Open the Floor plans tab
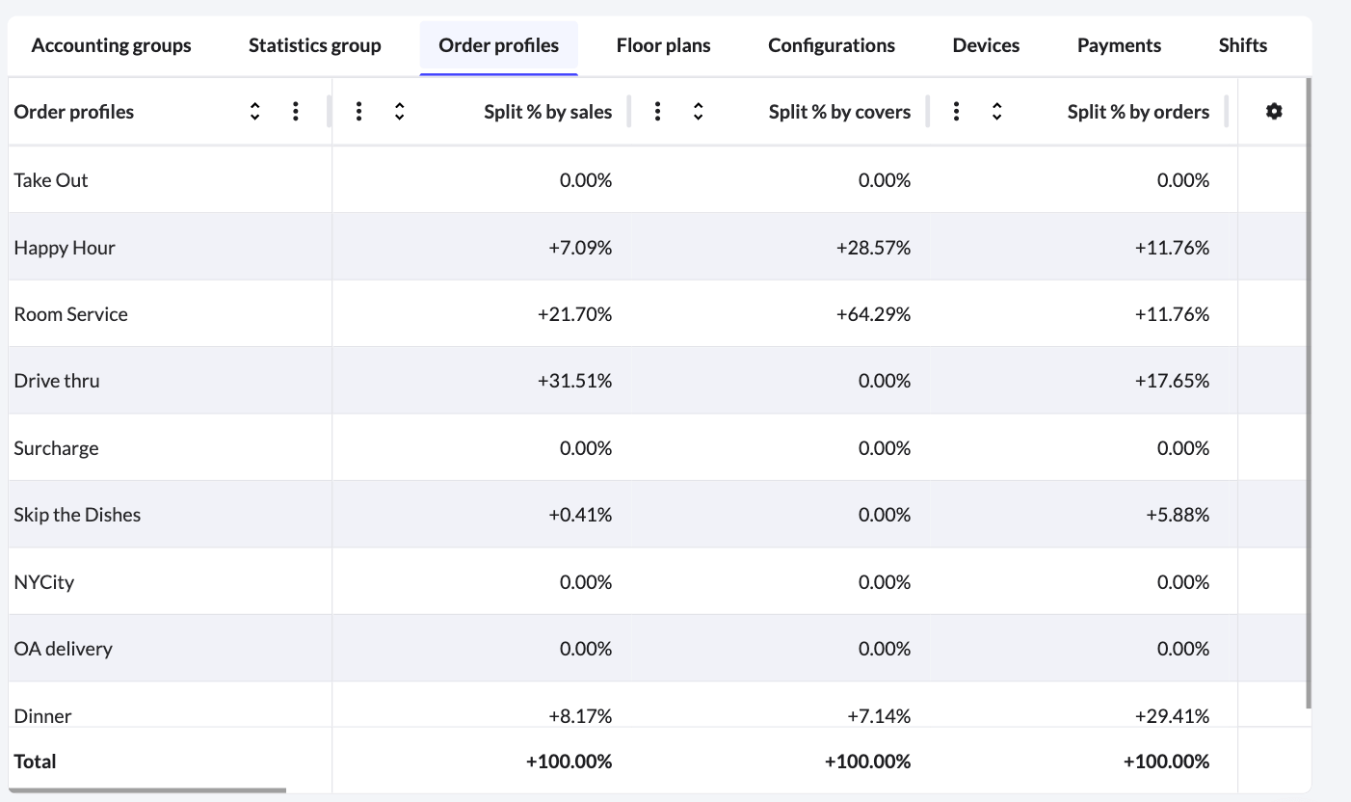coord(663,45)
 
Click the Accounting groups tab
coord(111,45)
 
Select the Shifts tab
coord(1242,45)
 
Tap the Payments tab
coord(1119,45)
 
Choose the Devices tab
coord(986,45)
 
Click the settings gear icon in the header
coord(1274,112)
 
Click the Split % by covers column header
coord(838,112)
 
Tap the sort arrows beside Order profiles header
coord(254,112)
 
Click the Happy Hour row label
coord(65,248)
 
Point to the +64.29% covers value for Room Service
coord(873,314)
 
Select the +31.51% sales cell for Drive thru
coord(574,381)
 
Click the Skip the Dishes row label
coord(77,515)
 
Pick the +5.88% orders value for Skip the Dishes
coord(1177,515)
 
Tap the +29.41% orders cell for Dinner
coord(1172,715)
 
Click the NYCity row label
coord(43,582)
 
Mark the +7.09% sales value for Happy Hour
coord(579,248)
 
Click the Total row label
coord(35,762)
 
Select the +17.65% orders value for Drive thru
coord(1172,381)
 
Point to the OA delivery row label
coord(63,649)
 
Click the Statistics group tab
coord(314,45)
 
